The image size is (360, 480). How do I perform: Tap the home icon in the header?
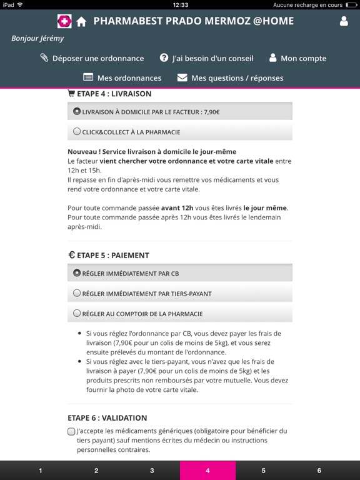pyautogui.click(x=81, y=22)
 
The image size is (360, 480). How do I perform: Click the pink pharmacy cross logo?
pyautogui.click(x=64, y=22)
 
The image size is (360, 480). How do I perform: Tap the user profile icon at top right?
pyautogui.click(x=344, y=21)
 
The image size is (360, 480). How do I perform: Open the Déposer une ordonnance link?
pyautogui.click(x=92, y=58)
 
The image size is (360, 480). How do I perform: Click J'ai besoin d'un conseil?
pyautogui.click(x=207, y=58)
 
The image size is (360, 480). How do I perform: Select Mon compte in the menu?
pyautogui.click(x=297, y=58)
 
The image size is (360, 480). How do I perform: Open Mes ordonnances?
pyautogui.click(x=122, y=78)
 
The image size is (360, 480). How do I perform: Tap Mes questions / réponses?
pyautogui.click(x=230, y=78)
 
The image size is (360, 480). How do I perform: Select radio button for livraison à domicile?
pyautogui.click(x=77, y=112)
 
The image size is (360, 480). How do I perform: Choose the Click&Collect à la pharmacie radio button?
pyautogui.click(x=77, y=132)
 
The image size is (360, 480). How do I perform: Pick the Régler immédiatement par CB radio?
pyautogui.click(x=77, y=273)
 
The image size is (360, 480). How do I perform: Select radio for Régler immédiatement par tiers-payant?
pyautogui.click(x=77, y=293)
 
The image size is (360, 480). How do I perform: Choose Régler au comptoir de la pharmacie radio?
pyautogui.click(x=77, y=313)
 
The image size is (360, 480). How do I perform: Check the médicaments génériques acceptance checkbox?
pyautogui.click(x=71, y=431)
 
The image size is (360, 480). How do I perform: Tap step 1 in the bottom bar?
pyautogui.click(x=41, y=471)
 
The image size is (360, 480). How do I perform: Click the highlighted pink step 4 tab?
pyautogui.click(x=207, y=471)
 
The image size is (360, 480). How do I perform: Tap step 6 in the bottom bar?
pyautogui.click(x=319, y=471)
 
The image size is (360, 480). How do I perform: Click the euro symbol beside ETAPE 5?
pyautogui.click(x=71, y=255)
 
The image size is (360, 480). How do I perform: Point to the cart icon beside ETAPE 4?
pyautogui.click(x=71, y=94)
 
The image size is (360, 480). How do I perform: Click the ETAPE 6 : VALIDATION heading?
pyautogui.click(x=107, y=418)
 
